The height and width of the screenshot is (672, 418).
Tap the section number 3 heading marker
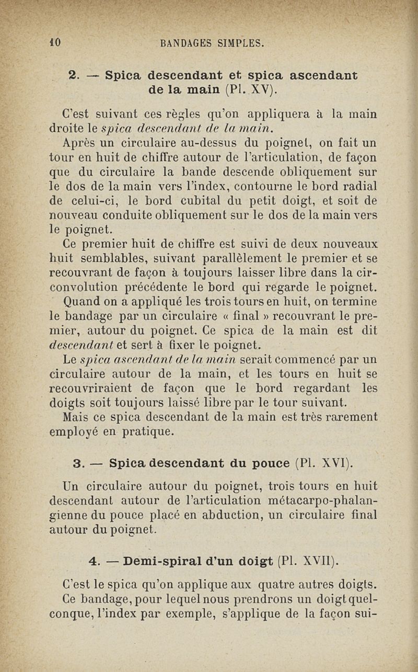click(x=80, y=463)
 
